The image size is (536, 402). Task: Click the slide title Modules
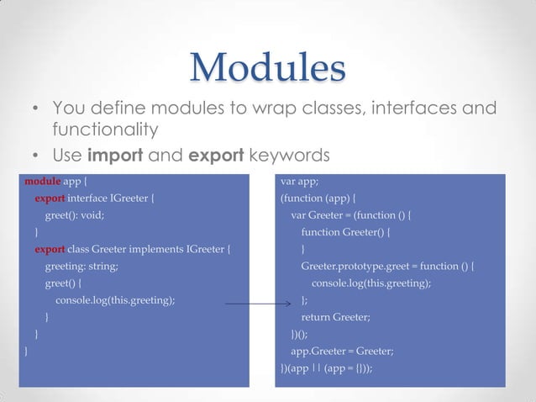pos(267,67)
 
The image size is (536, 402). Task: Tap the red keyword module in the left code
pos(42,181)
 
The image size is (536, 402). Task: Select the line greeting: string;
pos(81,266)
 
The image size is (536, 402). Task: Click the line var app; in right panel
pos(299,181)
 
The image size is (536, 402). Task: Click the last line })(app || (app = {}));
pos(326,368)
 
